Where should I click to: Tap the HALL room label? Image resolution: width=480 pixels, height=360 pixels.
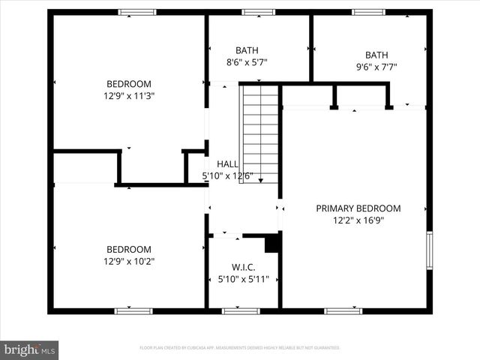tap(228, 164)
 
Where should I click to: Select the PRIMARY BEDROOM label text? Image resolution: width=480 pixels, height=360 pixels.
tap(358, 208)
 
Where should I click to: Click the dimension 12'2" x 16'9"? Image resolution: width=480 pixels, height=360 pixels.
tap(358, 220)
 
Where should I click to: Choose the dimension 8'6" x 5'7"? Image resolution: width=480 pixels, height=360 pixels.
tap(246, 63)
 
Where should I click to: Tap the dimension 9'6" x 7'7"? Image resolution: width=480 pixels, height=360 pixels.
tap(376, 67)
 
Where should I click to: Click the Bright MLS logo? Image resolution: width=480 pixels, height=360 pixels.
tap(29, 349)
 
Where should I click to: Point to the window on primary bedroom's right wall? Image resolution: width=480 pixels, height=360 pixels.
tap(429, 250)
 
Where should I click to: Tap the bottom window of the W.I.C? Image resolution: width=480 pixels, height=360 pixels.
tap(241, 310)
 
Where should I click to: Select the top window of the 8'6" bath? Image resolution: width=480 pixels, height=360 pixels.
tap(258, 12)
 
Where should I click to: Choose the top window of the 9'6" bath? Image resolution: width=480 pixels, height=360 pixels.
tap(368, 12)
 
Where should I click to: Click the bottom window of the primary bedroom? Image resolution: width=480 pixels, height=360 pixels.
tap(343, 310)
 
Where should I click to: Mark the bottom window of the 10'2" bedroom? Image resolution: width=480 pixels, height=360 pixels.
tap(133, 310)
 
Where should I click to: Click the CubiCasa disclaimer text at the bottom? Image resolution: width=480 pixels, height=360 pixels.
tap(240, 348)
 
